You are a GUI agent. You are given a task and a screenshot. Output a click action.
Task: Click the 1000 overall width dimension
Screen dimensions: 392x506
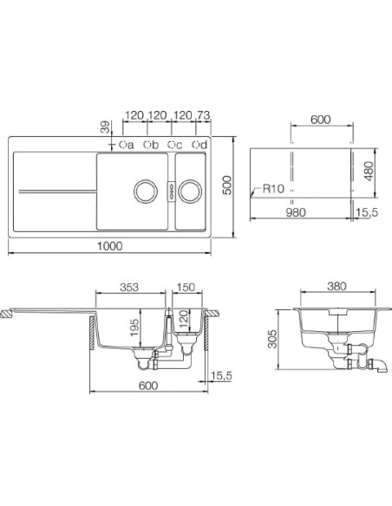(x=110, y=246)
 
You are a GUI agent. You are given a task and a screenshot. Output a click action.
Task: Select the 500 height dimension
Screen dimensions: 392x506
(x=227, y=185)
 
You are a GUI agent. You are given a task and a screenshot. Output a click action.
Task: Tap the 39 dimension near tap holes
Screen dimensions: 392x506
(x=105, y=126)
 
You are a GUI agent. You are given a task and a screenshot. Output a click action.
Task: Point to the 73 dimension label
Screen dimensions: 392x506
(x=203, y=115)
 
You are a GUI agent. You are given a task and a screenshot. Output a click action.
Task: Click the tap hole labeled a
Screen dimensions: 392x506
(x=122, y=145)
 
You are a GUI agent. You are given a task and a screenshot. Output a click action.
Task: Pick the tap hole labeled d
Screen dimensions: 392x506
(x=195, y=145)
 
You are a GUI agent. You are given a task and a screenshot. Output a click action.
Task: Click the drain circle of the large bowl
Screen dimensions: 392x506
(x=146, y=191)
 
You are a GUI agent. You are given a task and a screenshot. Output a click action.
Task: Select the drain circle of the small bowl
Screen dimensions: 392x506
(x=190, y=191)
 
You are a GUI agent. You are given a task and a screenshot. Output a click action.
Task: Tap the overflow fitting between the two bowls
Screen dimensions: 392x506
(x=171, y=191)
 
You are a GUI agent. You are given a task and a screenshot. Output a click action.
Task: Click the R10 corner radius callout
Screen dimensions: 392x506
(x=273, y=189)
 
